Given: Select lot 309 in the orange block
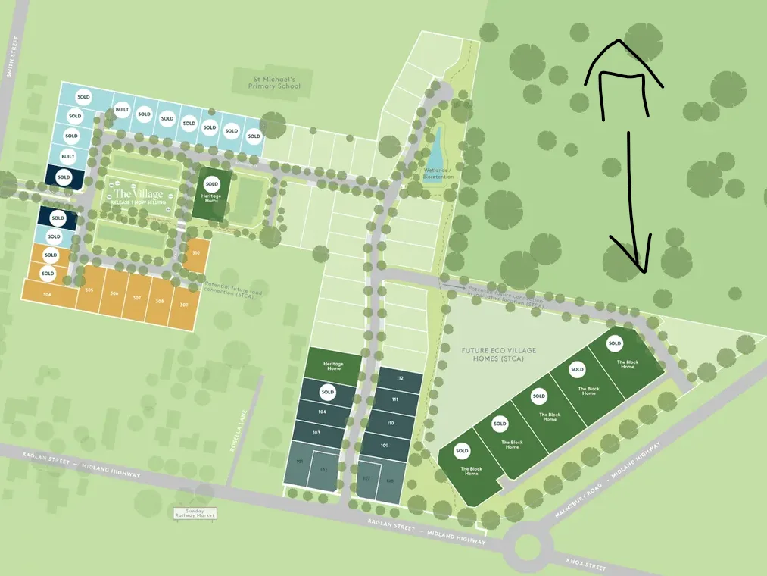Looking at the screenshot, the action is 184,304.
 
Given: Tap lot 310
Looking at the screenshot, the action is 196,253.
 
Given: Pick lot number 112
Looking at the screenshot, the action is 399,378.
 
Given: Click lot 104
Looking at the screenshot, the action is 322,412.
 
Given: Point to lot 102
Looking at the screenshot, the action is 323,470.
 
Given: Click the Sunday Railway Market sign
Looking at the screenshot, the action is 195,513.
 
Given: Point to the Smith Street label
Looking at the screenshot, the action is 10,58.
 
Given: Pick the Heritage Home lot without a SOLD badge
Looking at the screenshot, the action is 333,364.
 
